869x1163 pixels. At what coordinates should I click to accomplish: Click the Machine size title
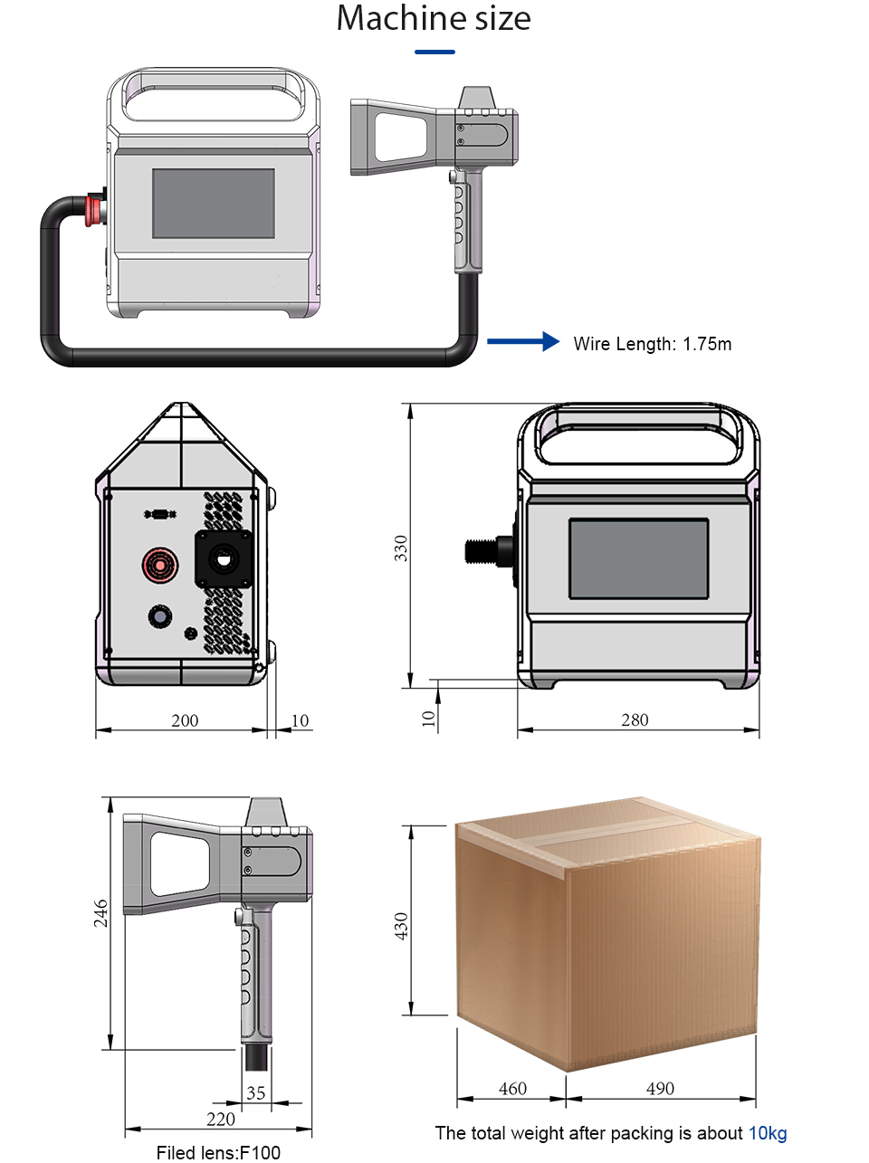(434, 19)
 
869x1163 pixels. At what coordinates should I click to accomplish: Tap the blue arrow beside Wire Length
(523, 341)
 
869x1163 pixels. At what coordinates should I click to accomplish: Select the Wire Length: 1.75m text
(652, 344)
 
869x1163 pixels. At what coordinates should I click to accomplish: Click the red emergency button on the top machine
(94, 209)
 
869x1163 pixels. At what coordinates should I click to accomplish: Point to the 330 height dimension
(401, 548)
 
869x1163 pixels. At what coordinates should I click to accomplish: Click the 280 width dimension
(635, 720)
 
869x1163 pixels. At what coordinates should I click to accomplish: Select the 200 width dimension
(185, 720)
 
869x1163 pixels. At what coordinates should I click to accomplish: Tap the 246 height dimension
(100, 912)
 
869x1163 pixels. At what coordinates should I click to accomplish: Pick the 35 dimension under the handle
(256, 1093)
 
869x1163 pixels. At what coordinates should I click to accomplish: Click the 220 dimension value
(221, 1120)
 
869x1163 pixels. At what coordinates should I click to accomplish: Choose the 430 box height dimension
(401, 925)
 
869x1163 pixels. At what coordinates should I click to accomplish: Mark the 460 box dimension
(512, 1089)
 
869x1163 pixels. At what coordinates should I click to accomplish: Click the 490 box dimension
(660, 1089)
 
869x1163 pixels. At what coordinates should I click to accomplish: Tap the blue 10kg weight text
(768, 1133)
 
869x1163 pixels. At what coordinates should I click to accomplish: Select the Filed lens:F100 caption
(218, 1152)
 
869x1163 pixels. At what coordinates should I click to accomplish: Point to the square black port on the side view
(224, 558)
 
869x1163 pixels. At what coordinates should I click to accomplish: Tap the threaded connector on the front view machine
(488, 550)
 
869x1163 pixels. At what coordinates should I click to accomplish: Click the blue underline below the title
(434, 52)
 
